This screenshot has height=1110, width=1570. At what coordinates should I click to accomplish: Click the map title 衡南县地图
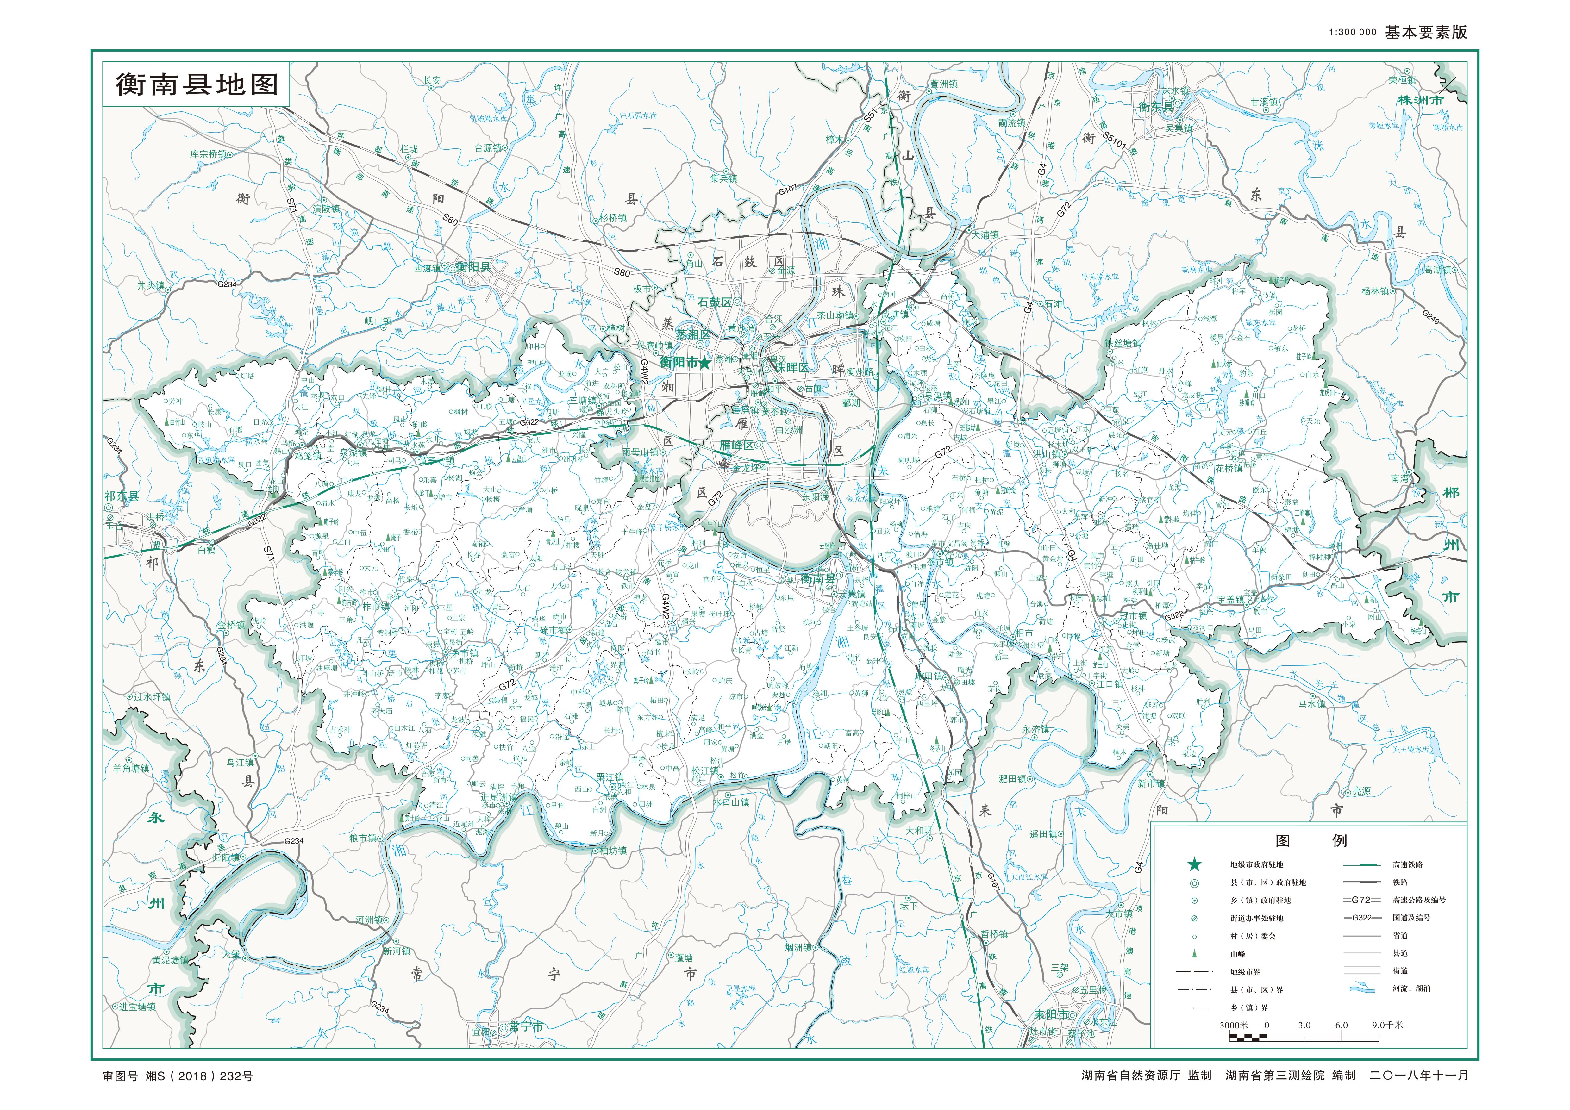tap(197, 84)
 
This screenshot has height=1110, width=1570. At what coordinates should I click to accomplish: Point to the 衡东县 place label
tap(1156, 107)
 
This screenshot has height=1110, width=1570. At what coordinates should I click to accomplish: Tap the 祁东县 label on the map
tap(122, 496)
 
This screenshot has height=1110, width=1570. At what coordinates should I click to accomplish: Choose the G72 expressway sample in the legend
tap(1361, 900)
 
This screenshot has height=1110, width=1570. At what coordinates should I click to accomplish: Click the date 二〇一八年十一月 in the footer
tap(1419, 1075)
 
